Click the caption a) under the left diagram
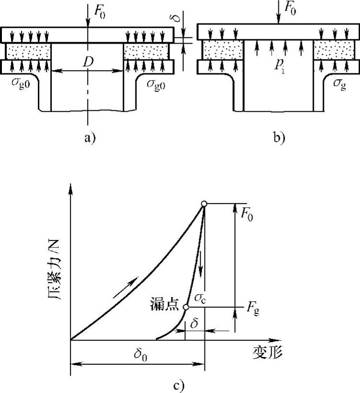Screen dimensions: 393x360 [90, 138]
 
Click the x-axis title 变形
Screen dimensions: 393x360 [267, 354]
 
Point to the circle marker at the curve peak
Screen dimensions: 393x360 [204, 204]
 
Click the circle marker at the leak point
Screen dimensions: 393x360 [186, 307]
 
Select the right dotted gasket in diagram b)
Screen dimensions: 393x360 [329, 50]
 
